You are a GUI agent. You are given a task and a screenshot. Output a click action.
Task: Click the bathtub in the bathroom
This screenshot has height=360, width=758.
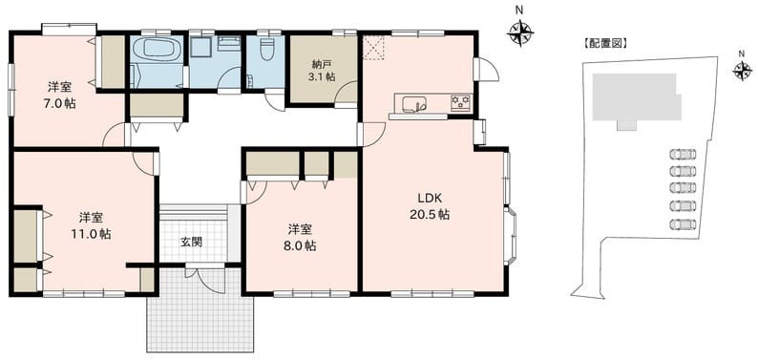(157, 49)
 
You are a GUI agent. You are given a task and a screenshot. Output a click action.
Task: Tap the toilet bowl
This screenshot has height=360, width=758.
(266, 49)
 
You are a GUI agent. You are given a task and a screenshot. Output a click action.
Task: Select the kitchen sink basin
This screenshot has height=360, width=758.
(414, 104)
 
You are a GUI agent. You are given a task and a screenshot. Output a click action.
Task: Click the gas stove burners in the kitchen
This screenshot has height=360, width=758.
(460, 102)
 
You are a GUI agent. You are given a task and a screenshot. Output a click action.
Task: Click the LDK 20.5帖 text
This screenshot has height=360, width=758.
(430, 207)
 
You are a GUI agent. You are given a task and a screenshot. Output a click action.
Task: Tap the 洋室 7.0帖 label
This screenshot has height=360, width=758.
(61, 95)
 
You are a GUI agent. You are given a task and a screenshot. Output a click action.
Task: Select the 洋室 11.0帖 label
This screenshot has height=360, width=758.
(91, 226)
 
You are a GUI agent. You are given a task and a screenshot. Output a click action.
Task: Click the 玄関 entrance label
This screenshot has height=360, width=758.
(192, 243)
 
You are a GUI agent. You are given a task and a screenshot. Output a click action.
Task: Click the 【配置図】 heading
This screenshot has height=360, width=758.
(604, 44)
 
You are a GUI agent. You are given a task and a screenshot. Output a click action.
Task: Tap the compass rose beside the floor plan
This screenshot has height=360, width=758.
(520, 32)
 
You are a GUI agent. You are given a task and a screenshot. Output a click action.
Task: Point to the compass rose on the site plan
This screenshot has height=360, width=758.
(742, 72)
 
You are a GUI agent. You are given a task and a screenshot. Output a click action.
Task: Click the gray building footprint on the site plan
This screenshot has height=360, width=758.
(636, 100)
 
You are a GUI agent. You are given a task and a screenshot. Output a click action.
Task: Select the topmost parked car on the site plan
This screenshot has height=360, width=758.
(684, 154)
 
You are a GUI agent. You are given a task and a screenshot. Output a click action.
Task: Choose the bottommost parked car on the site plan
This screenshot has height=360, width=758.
(684, 224)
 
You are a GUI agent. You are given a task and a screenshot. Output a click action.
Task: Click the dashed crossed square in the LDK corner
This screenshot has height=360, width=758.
(373, 48)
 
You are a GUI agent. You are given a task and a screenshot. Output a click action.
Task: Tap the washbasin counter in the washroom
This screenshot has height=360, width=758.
(229, 44)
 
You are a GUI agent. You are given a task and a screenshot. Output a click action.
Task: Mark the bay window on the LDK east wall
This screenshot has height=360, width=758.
(511, 237)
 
